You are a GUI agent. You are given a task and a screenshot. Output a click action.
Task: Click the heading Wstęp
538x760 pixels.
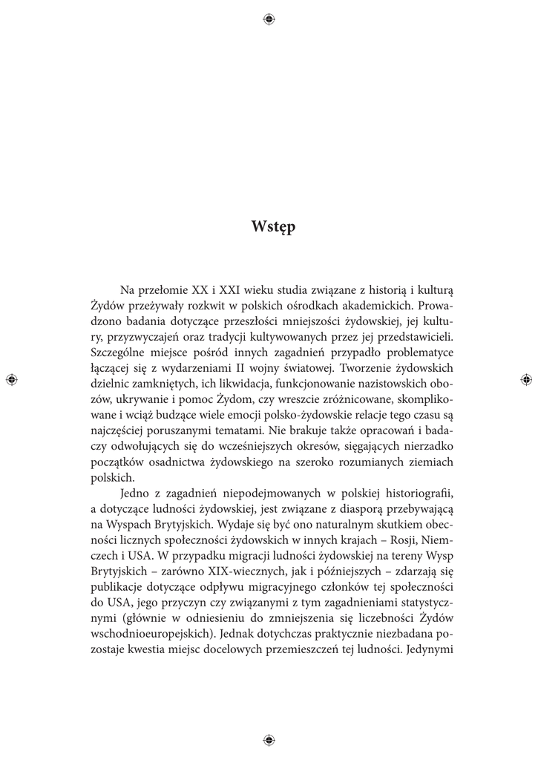coord(273,228)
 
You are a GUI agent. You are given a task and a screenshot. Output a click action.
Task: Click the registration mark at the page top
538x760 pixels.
coord(269,19)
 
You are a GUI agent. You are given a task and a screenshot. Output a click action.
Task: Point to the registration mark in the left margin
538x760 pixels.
coord(11,379)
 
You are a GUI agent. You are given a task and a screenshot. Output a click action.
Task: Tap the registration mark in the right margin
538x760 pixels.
coord(526,379)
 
